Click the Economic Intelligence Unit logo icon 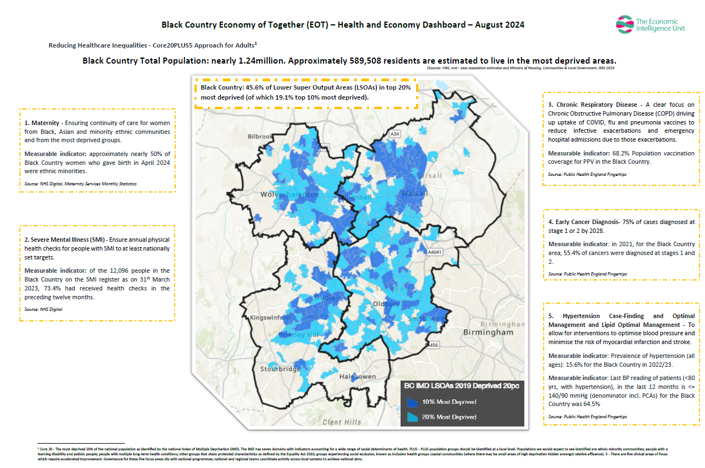point(624,24)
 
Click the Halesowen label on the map point(357,377)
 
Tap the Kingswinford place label point(270,318)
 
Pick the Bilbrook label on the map point(261,136)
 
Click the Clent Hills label point(341,423)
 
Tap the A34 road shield point(395,134)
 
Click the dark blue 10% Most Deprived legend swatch point(412,402)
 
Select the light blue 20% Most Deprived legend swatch point(412,417)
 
